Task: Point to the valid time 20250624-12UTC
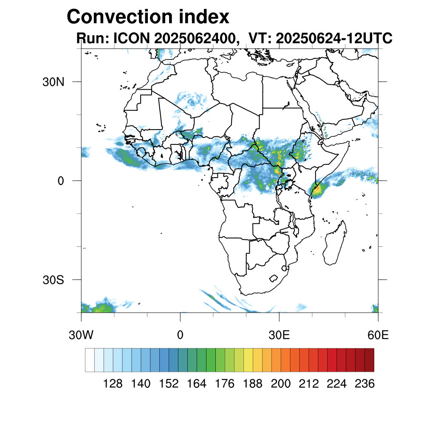pos(334,39)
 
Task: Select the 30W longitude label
pos(81,335)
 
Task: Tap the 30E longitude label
pos(279,335)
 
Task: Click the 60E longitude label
pos(378,335)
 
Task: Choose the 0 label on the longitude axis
pos(180,335)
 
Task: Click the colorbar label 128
pos(113,384)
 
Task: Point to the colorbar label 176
pos(225,384)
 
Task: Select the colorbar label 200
pos(281,384)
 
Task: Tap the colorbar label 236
pos(364,384)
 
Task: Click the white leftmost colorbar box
pos(90,360)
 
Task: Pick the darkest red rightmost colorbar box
pos(369,360)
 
